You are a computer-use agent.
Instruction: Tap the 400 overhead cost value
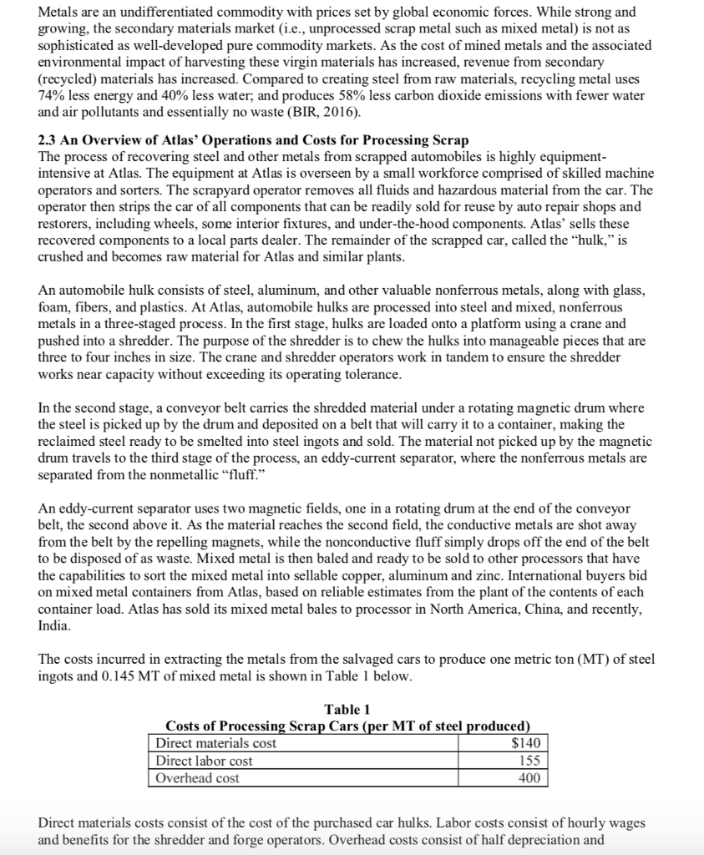pos(529,777)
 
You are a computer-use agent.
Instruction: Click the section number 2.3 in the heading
pos(49,139)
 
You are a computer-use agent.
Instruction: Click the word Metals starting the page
pos(60,13)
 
